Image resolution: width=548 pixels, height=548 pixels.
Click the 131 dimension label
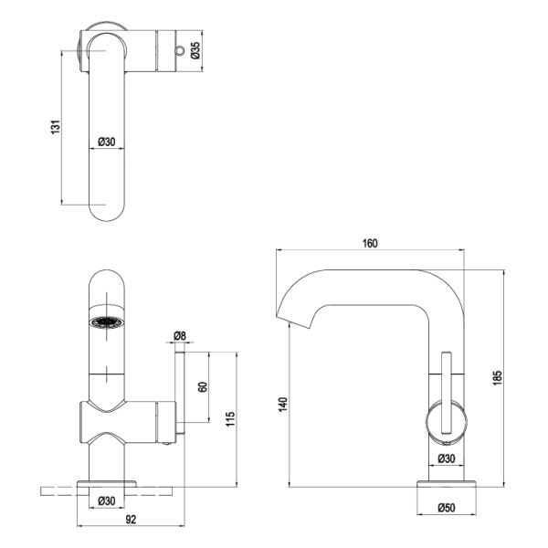click(x=56, y=127)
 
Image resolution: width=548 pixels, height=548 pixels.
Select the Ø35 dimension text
click(x=195, y=50)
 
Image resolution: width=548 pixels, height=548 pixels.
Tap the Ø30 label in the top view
click(x=107, y=142)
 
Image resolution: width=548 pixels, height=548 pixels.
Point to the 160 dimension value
click(x=370, y=243)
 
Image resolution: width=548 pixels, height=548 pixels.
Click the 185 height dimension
click(x=498, y=378)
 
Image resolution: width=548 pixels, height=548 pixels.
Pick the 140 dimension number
click(x=283, y=405)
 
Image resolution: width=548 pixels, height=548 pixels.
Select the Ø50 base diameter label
click(x=447, y=508)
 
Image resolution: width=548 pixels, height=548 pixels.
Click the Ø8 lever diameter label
click(x=180, y=336)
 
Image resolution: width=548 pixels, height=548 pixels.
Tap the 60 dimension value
click(x=203, y=387)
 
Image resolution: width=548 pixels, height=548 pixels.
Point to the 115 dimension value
click(x=230, y=418)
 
